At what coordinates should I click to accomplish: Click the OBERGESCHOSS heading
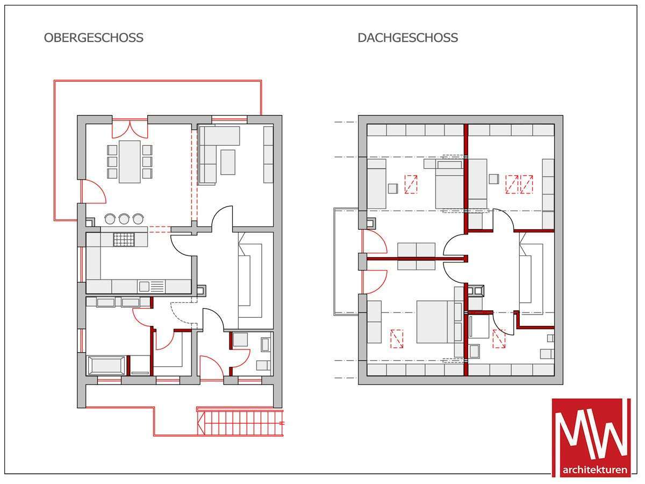pos(94,38)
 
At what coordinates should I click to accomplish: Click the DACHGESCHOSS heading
pos(408,38)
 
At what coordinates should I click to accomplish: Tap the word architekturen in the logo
pos(595,469)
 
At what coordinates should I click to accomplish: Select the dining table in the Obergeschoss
pos(130,162)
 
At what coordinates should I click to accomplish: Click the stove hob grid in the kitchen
pos(124,239)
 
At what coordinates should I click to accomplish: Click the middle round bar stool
pos(124,219)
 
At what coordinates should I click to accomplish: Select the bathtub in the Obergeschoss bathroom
pos(106,366)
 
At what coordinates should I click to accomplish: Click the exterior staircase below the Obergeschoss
pos(240,423)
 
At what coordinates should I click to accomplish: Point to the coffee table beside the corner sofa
pos(228,162)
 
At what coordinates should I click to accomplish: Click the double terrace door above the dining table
pos(130,129)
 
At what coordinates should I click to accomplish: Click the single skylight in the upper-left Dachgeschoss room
pos(411,184)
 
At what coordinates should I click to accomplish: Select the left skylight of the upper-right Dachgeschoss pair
pos(512,184)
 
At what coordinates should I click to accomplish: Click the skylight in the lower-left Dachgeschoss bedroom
pos(397,339)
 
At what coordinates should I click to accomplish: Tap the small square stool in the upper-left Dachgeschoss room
pos(393,188)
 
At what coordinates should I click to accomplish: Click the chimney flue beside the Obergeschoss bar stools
pos(90,222)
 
